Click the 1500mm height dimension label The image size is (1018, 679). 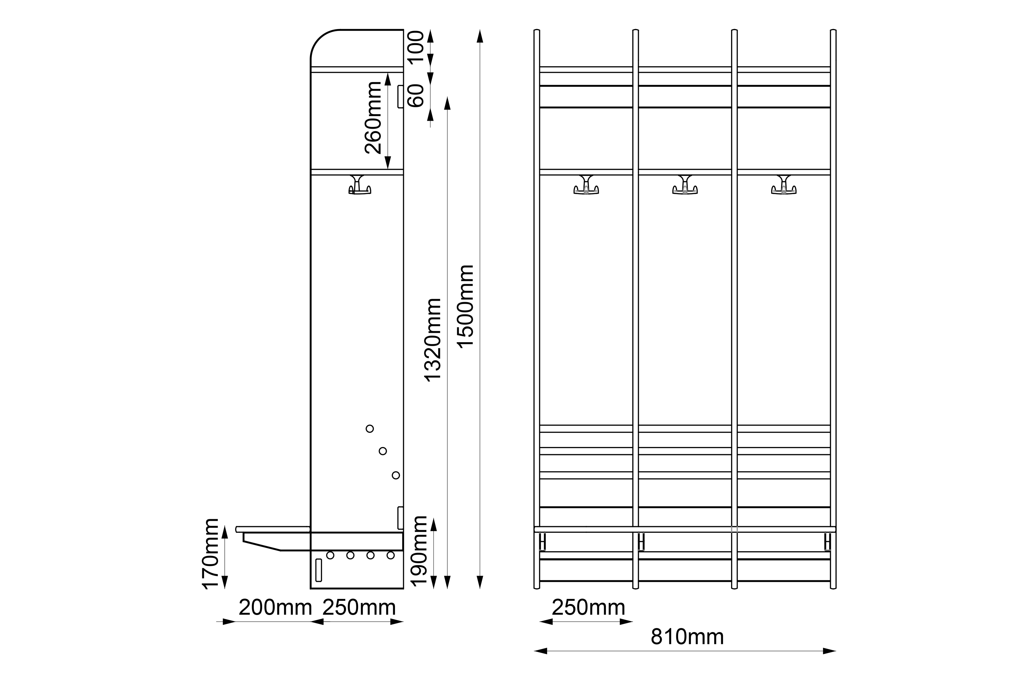click(466, 306)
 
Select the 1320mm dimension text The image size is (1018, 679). click(433, 340)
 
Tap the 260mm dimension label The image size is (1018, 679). click(373, 118)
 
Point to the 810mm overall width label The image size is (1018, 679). click(687, 637)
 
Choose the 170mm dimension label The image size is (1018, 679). click(211, 554)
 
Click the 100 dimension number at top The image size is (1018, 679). click(416, 47)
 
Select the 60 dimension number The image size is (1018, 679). click(416, 96)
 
